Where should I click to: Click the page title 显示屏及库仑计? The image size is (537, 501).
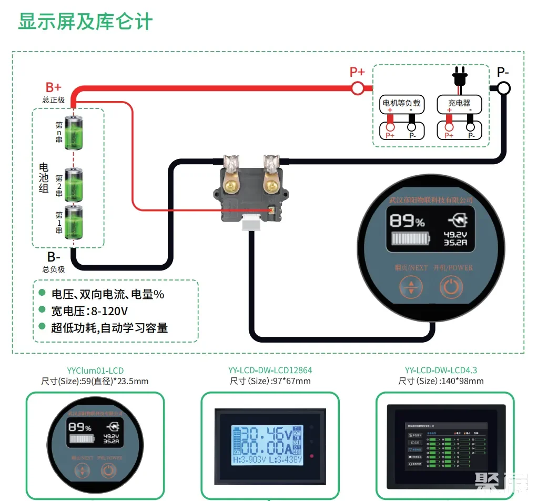[86, 22]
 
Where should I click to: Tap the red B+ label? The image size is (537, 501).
[53, 87]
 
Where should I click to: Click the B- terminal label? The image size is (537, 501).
[53, 257]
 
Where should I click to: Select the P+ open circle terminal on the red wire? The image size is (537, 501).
[358, 88]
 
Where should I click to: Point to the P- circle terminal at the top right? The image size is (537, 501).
[503, 88]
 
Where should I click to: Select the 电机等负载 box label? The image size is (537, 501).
[401, 104]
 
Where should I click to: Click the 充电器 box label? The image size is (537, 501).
[459, 104]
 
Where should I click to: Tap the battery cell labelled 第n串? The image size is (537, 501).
[74, 133]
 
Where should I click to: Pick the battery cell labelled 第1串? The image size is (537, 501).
[74, 223]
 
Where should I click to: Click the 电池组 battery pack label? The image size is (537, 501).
[44, 177]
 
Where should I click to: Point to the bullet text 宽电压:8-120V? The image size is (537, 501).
[90, 310]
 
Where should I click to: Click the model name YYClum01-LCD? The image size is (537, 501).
[95, 370]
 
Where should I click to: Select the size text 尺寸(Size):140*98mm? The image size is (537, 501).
[441, 381]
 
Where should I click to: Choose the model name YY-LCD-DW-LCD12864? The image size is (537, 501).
[270, 370]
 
